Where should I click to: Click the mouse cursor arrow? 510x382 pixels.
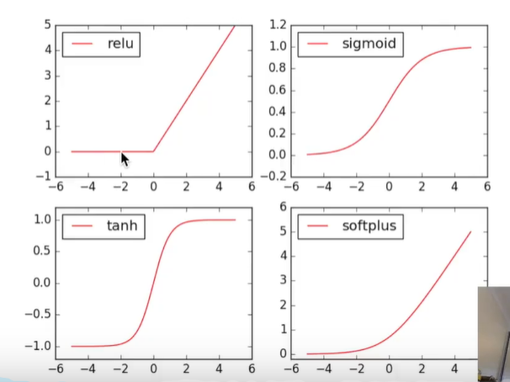click(x=125, y=160)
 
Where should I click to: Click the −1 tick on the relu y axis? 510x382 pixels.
click(x=43, y=176)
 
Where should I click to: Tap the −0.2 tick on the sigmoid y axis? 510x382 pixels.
click(x=273, y=177)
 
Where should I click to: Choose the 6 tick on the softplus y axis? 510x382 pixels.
click(x=284, y=207)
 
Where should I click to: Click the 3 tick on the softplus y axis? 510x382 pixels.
click(x=284, y=280)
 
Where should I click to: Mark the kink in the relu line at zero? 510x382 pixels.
click(x=153, y=151)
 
